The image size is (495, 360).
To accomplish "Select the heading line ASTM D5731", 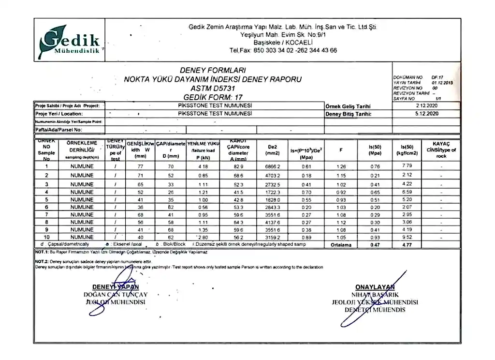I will (x=213, y=89).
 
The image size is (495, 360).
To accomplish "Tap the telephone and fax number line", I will (x=283, y=50).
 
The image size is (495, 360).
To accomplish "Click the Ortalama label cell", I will (x=341, y=245).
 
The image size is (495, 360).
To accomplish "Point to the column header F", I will (x=341, y=150).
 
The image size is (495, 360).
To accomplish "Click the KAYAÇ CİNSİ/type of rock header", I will (x=441, y=150).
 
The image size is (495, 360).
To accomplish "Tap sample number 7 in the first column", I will (x=47, y=214).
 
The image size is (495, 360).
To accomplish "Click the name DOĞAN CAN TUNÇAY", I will (x=116, y=294).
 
